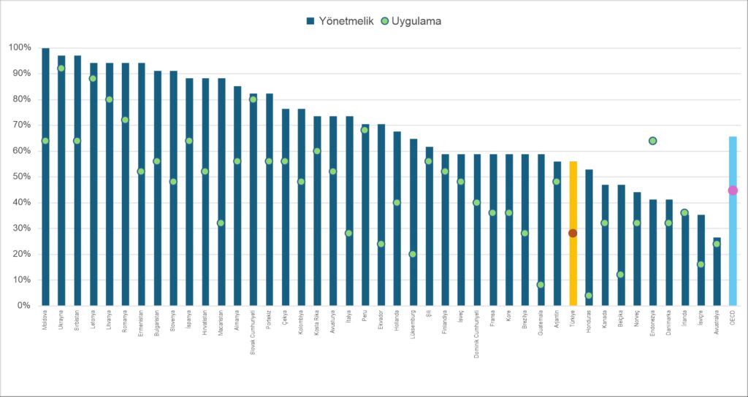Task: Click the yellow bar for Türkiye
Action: pyautogui.click(x=573, y=270)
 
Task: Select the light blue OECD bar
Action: pyautogui.click(x=733, y=248)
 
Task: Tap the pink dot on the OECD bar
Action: pyautogui.click(x=733, y=190)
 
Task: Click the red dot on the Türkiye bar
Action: pyautogui.click(x=573, y=234)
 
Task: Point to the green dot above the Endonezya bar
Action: pyautogui.click(x=652, y=141)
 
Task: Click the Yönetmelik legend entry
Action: pyautogui.click(x=340, y=21)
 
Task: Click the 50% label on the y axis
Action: pyautogui.click(x=20, y=177)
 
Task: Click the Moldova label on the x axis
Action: pyautogui.click(x=46, y=322)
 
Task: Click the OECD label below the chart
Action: pyautogui.click(x=733, y=319)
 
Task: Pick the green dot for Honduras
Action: pyautogui.click(x=589, y=296)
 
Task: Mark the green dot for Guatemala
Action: pyautogui.click(x=541, y=285)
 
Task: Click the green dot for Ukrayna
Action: pyautogui.click(x=61, y=69)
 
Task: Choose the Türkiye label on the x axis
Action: pyautogui.click(x=573, y=320)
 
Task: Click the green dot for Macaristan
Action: pyautogui.click(x=221, y=223)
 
